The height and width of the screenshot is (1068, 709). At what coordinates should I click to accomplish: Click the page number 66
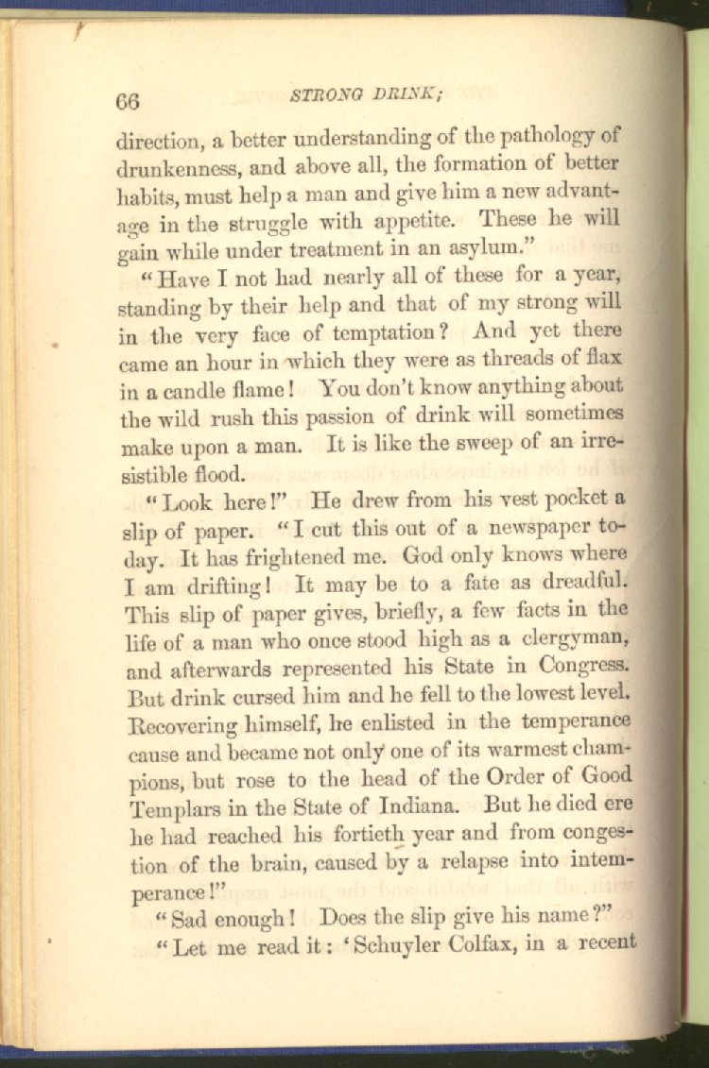[x=128, y=100]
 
